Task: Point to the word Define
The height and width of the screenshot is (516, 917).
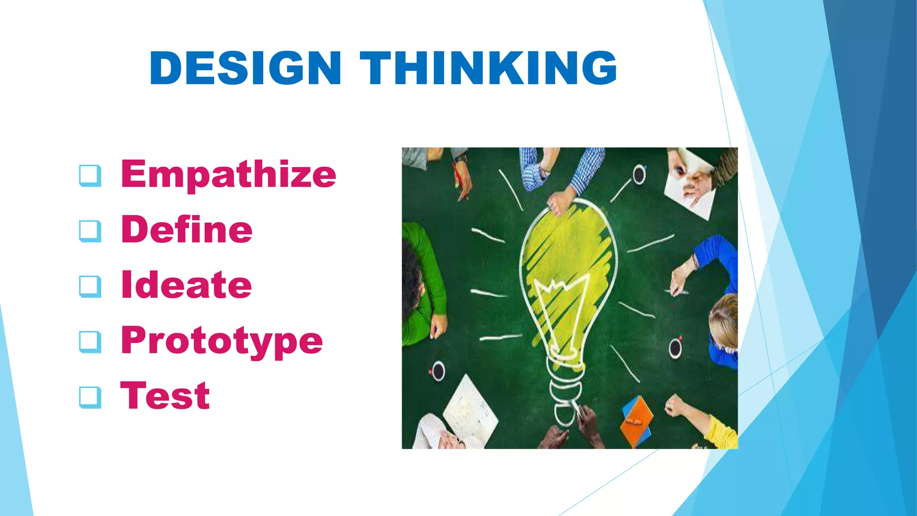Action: click(x=187, y=229)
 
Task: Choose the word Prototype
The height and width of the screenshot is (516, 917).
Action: click(x=222, y=340)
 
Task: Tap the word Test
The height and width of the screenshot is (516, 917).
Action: click(x=165, y=396)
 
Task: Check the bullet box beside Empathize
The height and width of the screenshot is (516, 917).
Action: click(x=90, y=175)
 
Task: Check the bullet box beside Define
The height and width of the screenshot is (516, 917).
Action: click(x=90, y=231)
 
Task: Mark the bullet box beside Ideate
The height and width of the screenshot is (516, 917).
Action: click(x=90, y=286)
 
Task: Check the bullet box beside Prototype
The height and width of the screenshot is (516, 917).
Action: click(x=90, y=342)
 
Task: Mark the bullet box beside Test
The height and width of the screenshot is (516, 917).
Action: click(x=90, y=397)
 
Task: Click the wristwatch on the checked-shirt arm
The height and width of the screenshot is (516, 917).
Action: click(x=544, y=170)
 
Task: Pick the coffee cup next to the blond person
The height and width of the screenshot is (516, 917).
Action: click(x=675, y=348)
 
